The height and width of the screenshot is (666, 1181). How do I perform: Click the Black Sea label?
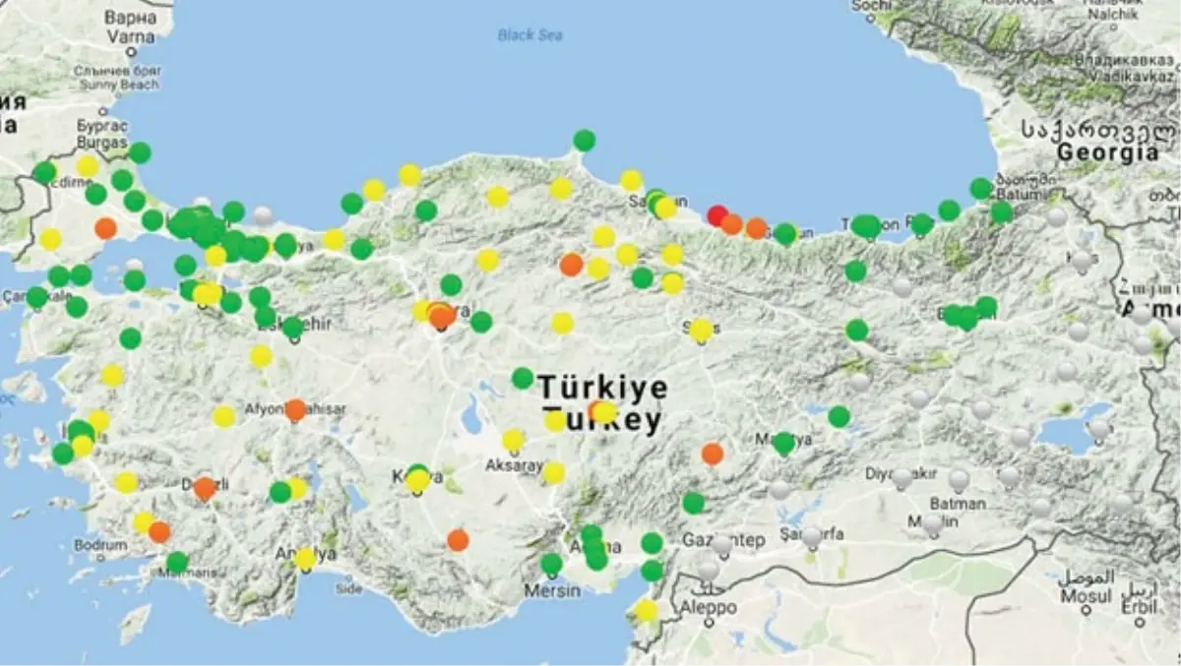[529, 35]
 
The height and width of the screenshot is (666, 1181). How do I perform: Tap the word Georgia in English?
[1107, 152]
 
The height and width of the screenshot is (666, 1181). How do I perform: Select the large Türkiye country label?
[602, 387]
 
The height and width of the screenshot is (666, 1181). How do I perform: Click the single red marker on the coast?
[717, 214]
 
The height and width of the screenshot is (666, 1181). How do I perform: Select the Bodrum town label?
[100, 544]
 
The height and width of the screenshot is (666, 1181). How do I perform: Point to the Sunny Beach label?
[119, 85]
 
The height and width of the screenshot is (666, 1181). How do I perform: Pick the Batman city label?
[957, 503]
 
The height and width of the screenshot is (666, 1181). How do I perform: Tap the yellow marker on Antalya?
[305, 559]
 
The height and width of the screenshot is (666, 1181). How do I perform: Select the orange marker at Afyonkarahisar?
[295, 409]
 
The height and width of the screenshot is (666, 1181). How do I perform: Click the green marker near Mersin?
[551, 564]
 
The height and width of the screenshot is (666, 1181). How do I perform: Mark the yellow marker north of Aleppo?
[646, 610]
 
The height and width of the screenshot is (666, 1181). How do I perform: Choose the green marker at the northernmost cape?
[585, 140]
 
